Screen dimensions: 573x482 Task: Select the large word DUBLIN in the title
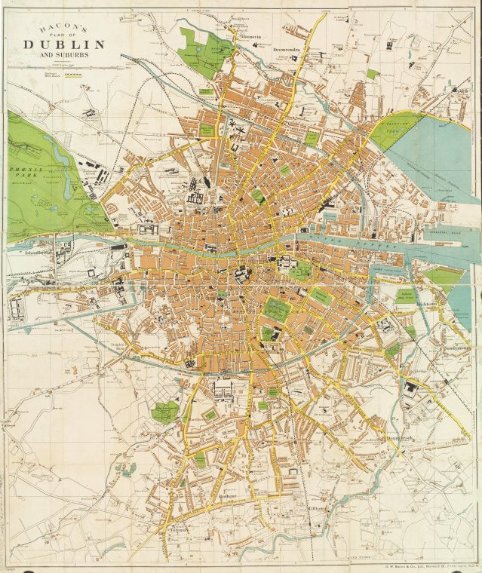click(x=64, y=44)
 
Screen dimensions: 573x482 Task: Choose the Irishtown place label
click(x=427, y=305)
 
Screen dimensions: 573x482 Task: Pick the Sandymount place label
click(x=457, y=349)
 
